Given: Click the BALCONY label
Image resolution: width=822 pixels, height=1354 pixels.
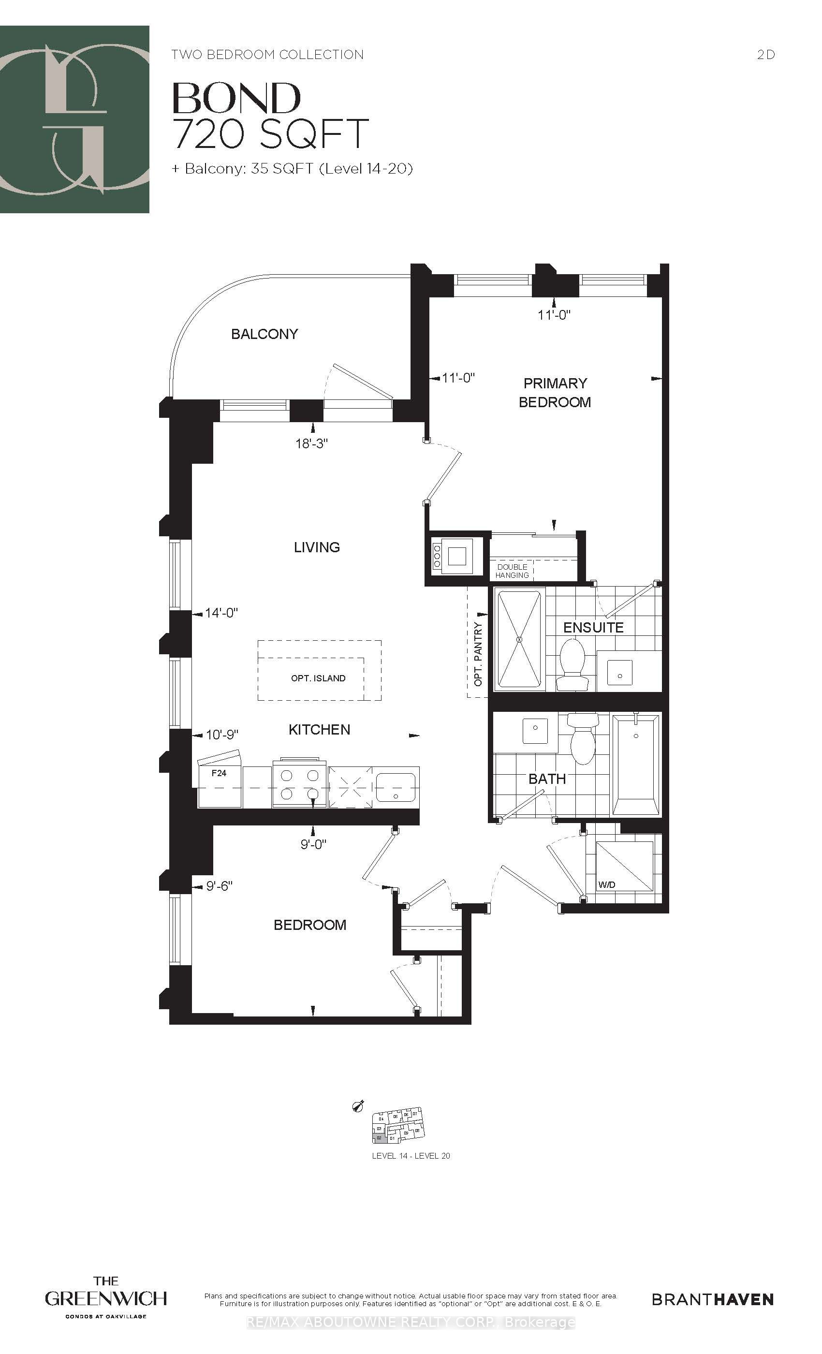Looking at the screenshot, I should click(264, 334).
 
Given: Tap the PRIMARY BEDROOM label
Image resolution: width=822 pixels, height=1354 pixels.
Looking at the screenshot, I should click(555, 392).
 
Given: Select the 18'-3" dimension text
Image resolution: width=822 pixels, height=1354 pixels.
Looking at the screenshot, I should click(311, 443).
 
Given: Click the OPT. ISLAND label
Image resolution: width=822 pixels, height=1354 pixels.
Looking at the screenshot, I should click(318, 678).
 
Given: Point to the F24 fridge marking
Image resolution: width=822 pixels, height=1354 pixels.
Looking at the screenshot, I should click(219, 773).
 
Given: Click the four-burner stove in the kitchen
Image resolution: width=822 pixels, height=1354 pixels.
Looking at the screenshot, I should click(299, 785).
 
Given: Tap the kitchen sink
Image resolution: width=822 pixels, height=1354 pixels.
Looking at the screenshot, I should click(396, 787).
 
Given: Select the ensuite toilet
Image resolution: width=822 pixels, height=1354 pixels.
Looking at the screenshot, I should click(571, 665).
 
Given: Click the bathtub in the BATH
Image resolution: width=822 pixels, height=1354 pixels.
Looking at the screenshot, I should click(636, 764).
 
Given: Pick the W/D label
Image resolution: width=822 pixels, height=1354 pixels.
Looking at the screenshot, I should click(607, 885).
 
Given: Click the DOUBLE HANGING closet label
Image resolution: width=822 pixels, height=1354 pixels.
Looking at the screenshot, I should click(512, 571).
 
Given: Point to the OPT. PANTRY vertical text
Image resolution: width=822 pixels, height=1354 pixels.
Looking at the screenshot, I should click(478, 654).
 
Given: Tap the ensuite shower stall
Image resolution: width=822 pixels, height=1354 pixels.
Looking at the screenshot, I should click(519, 639).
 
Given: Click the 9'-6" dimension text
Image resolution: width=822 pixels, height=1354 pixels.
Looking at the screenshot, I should click(219, 886).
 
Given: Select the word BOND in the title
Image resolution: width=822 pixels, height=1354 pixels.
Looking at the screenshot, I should click(237, 99).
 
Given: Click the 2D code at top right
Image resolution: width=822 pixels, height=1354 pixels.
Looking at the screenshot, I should click(765, 54).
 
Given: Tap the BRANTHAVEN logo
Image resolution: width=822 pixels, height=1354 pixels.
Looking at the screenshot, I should click(713, 1299).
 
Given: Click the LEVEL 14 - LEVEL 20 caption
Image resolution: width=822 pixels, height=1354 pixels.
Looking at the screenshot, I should click(411, 1156).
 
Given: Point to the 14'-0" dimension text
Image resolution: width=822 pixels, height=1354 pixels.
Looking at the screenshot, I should click(221, 613).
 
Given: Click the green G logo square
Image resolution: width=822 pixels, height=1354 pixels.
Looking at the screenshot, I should click(74, 119).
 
